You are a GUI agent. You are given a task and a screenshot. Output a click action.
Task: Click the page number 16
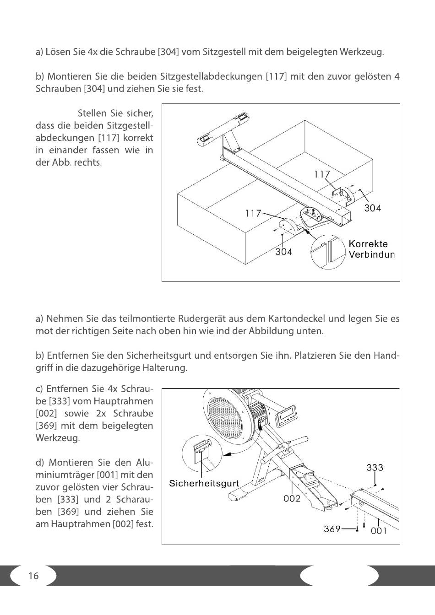pos(33,576)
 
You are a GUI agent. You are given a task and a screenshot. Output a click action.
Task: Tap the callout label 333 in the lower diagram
pos(375,468)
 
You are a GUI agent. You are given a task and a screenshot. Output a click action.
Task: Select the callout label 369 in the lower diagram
pos(332,529)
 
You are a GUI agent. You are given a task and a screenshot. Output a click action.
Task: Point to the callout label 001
pos(379,531)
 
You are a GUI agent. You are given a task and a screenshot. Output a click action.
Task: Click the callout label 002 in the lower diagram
pos(292,498)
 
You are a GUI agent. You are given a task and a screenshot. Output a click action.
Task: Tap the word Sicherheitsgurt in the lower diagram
pos(204,484)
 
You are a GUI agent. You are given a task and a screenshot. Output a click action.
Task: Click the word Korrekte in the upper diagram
pos(368,244)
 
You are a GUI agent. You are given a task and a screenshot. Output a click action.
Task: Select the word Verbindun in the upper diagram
pos(371,255)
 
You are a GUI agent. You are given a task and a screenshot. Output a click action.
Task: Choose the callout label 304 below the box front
pos(283,252)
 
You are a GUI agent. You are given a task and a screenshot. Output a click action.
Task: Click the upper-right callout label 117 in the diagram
pos(322,174)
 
